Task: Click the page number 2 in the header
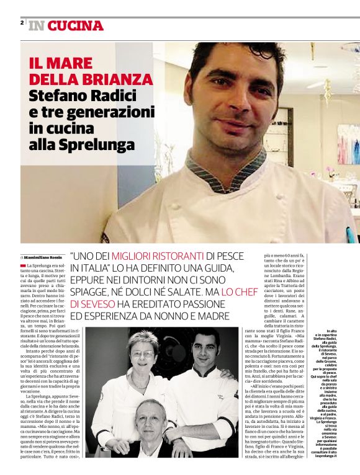click(x=22, y=23)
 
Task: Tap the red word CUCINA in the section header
click(x=75, y=26)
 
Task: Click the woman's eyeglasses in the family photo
click(x=143, y=353)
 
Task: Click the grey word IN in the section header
click(x=37, y=26)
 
